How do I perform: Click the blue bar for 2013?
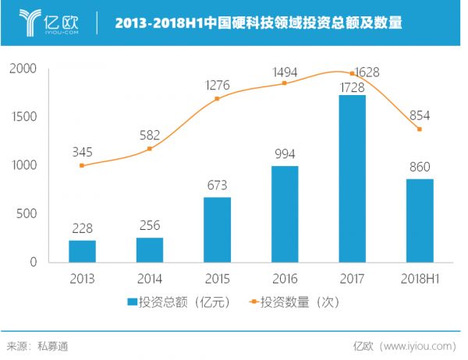click(82, 251)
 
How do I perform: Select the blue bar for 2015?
click(217, 230)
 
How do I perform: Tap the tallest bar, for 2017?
click(352, 178)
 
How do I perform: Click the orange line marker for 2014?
click(150, 149)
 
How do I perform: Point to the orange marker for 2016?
click(284, 83)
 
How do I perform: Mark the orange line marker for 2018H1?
click(419, 129)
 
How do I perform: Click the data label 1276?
click(216, 84)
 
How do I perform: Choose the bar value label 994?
click(284, 154)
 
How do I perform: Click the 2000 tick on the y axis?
click(24, 69)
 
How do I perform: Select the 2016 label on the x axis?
click(284, 277)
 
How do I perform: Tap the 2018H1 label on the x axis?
click(419, 277)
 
